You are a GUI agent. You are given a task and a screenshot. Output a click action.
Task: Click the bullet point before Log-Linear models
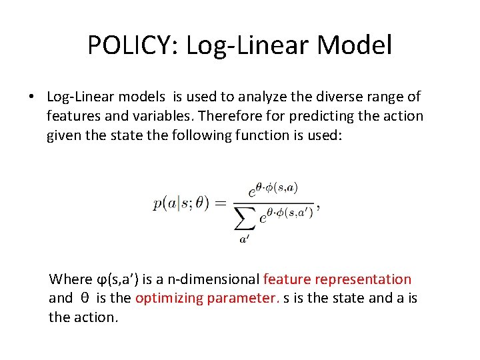(x=31, y=97)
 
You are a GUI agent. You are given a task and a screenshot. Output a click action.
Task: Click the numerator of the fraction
(x=274, y=189)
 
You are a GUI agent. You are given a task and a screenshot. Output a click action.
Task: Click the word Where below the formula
(x=71, y=279)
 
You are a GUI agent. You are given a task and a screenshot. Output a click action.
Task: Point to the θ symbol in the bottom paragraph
(x=84, y=299)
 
